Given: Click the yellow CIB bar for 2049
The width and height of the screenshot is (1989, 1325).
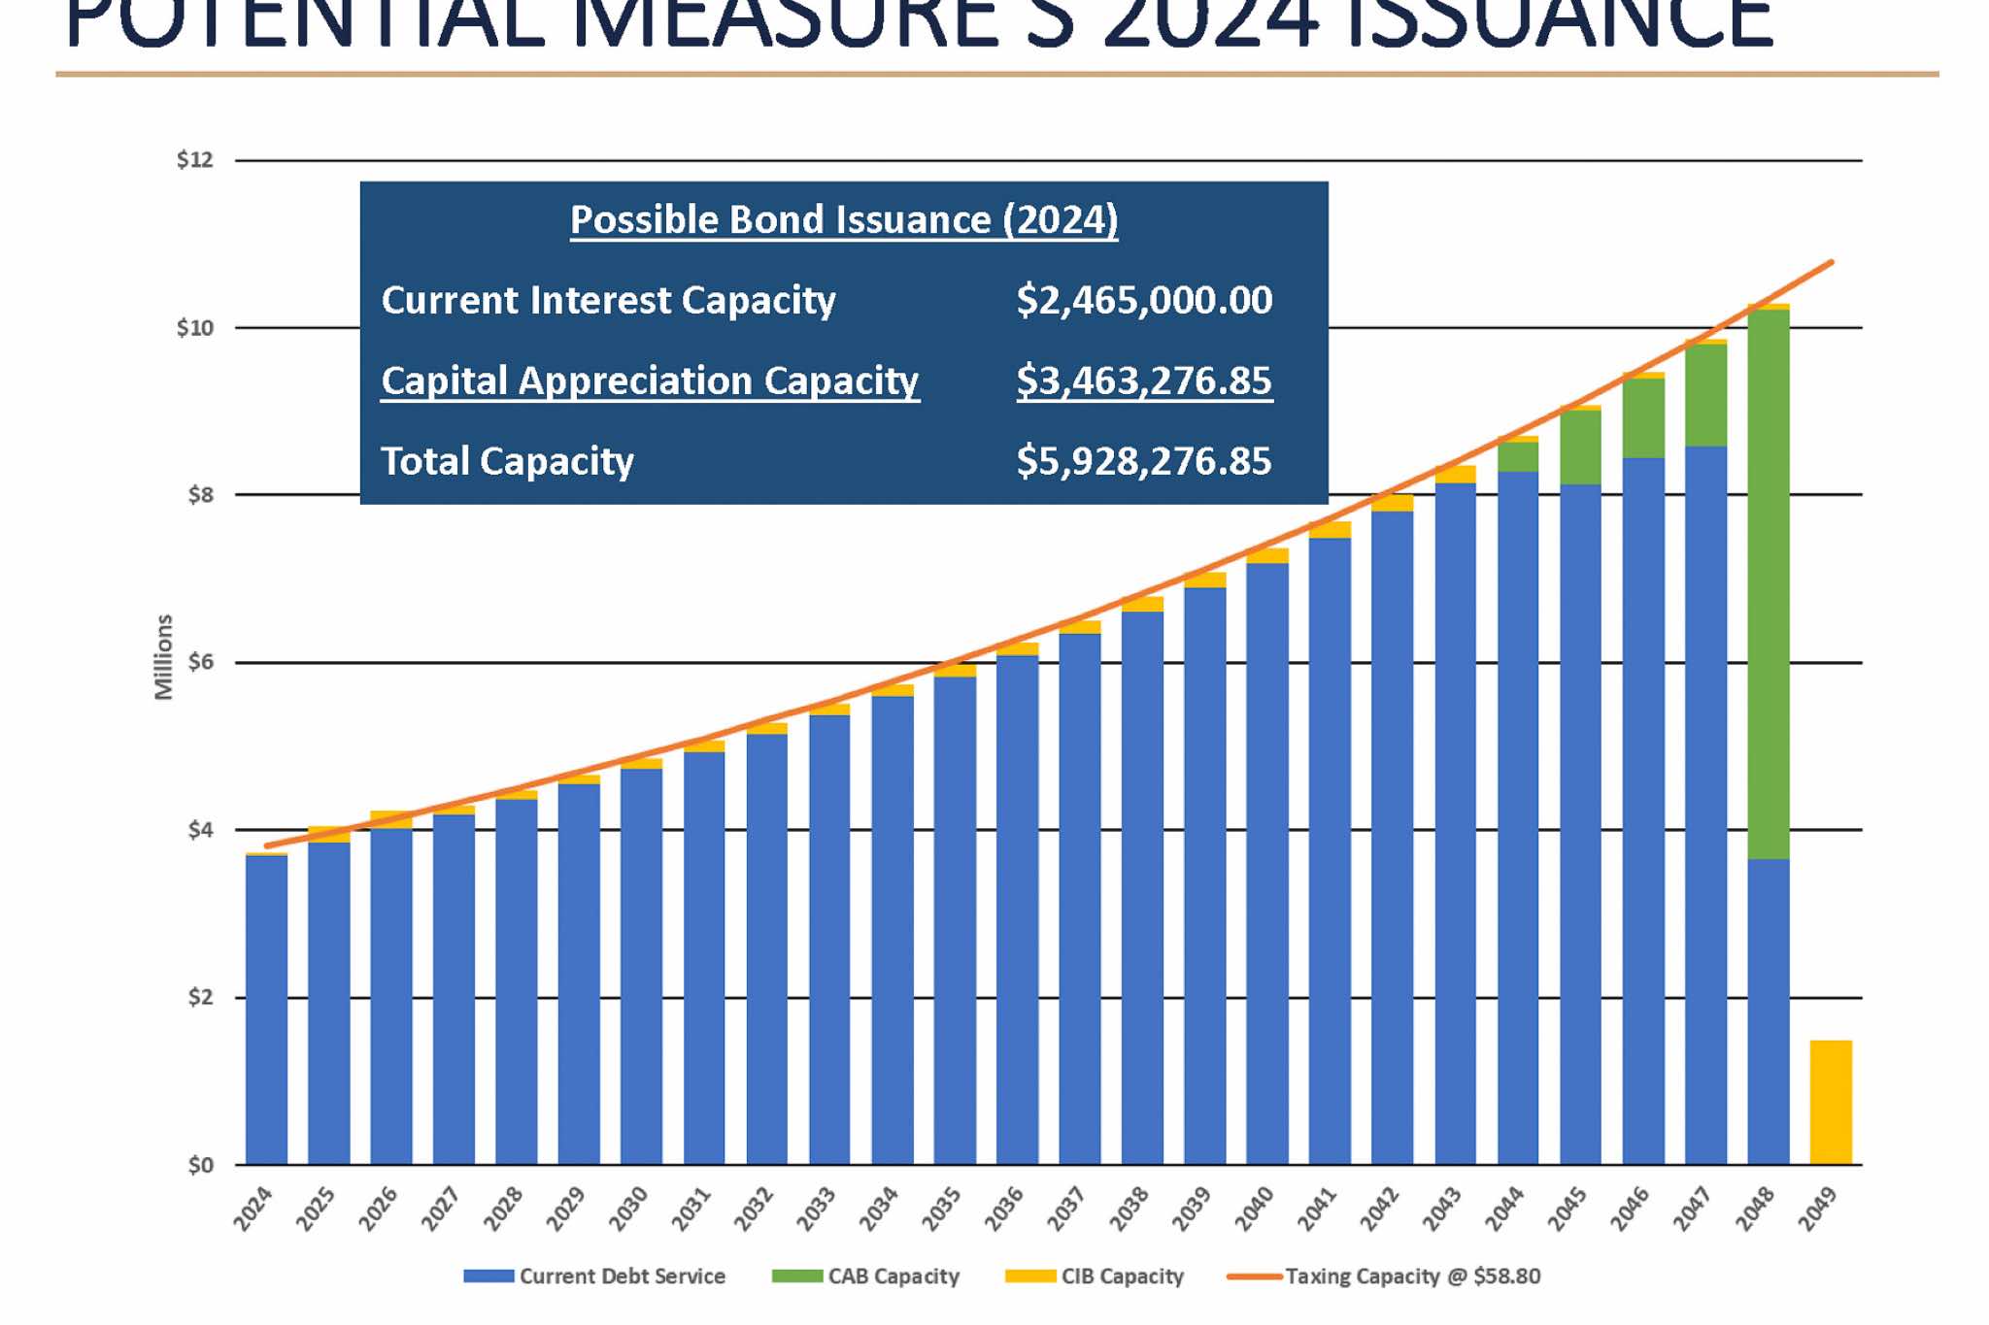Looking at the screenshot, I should point(1830,1102).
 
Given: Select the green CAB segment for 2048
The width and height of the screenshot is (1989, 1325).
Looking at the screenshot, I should point(1768,582).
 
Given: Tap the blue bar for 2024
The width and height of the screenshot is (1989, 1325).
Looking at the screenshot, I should point(266,1010).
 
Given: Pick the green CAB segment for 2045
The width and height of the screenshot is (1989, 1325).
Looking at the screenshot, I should point(1580,447).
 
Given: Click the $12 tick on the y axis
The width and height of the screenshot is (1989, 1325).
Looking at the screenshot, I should point(194,160).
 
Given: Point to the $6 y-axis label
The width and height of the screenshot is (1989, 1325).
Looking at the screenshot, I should point(200,662).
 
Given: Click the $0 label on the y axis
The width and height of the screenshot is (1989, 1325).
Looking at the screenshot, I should point(200,1165).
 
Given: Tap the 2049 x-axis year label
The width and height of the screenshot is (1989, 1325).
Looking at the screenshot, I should point(1817,1209).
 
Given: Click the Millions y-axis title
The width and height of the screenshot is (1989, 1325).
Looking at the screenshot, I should point(163,657).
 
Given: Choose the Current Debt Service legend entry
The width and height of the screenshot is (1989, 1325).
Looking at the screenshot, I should point(593,1276).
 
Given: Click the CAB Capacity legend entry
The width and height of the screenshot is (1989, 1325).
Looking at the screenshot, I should point(865,1276).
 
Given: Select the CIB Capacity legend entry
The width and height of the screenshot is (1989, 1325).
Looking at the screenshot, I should point(1095,1276).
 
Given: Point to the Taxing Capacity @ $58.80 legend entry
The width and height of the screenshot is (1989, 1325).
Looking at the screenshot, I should point(1384,1276).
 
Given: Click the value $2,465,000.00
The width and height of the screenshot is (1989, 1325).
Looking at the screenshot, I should point(1143,301).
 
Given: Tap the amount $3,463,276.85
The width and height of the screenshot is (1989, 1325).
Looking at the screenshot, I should point(1143,381).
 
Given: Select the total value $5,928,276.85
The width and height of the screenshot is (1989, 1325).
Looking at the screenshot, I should point(1143,461).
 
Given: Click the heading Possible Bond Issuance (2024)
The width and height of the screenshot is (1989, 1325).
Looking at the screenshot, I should point(843,220).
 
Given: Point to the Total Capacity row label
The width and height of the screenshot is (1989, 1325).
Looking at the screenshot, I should point(507,461).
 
